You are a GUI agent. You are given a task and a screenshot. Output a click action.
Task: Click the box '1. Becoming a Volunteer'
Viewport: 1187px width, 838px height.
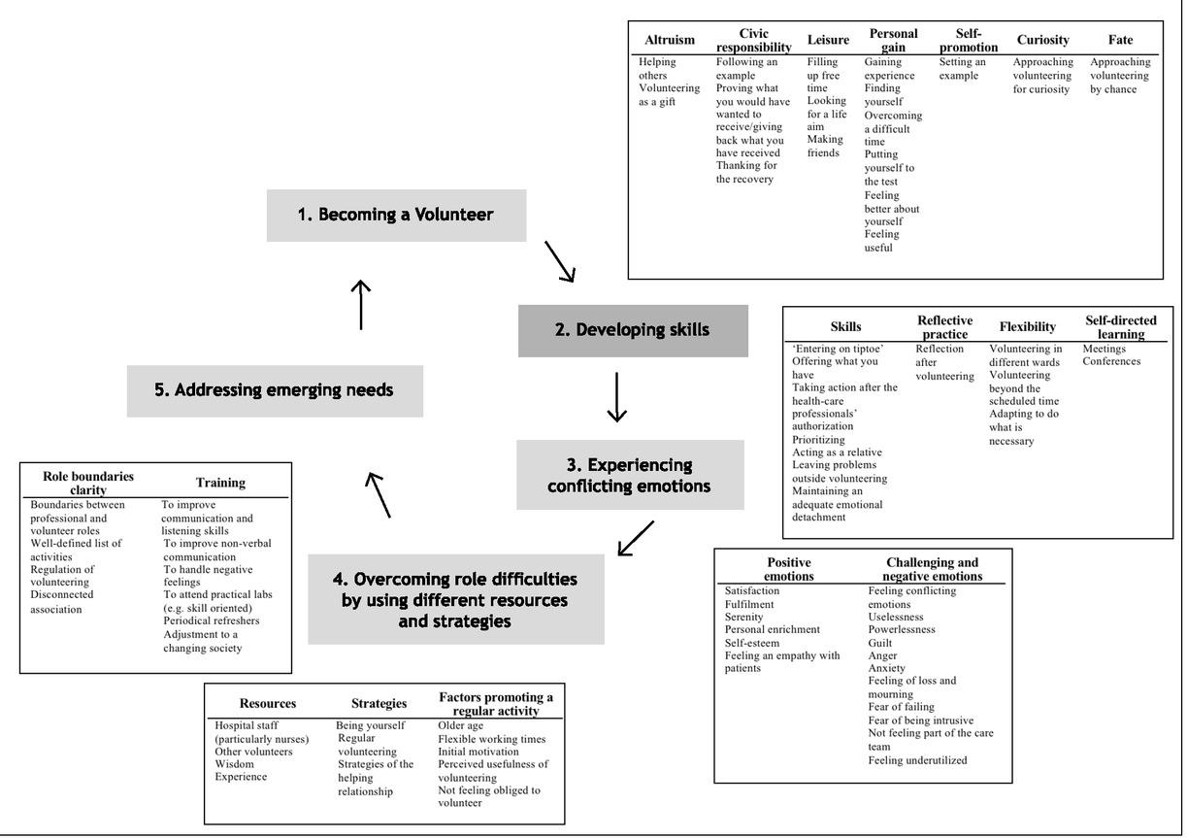tap(396, 216)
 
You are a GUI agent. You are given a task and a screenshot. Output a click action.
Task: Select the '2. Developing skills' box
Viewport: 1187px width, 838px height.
tap(633, 330)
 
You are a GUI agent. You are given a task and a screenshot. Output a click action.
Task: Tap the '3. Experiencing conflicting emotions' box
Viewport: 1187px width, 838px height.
tap(630, 475)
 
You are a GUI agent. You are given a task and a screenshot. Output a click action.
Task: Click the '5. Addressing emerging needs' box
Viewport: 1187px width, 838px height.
tap(275, 390)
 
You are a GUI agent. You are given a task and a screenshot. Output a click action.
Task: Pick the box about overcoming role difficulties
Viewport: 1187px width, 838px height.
tap(455, 599)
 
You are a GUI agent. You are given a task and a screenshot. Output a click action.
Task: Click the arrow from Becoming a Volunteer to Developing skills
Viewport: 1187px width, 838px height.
tap(560, 261)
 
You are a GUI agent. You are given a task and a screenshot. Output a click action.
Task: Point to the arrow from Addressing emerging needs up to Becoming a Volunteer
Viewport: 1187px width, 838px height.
tap(361, 305)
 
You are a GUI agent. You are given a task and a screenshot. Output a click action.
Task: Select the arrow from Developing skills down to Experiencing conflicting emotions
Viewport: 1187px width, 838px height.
tap(617, 397)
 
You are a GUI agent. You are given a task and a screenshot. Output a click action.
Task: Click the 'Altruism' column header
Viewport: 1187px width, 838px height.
tap(670, 40)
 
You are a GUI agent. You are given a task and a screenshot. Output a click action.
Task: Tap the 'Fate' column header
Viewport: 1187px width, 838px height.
tap(1120, 40)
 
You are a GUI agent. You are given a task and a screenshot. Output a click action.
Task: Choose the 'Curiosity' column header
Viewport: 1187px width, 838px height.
tap(1042, 40)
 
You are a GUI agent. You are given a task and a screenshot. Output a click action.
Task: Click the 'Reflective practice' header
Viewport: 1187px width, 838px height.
tap(944, 327)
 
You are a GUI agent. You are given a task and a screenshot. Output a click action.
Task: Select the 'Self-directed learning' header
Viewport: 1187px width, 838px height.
tap(1120, 327)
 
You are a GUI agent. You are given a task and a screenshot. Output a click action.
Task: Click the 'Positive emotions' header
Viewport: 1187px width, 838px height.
tap(788, 569)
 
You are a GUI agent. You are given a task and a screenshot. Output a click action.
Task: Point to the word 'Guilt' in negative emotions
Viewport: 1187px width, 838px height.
tap(880, 643)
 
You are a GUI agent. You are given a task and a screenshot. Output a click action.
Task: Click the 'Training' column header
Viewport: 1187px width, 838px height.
tap(220, 483)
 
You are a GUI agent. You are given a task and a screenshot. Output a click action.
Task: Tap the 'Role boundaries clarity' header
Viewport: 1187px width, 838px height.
tap(88, 483)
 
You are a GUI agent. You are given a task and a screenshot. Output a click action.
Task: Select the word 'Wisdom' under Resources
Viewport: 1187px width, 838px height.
tap(234, 764)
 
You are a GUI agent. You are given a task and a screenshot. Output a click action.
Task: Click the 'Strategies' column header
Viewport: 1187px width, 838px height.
tap(379, 703)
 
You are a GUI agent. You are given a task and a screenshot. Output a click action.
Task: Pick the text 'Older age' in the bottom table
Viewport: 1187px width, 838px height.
tap(460, 725)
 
